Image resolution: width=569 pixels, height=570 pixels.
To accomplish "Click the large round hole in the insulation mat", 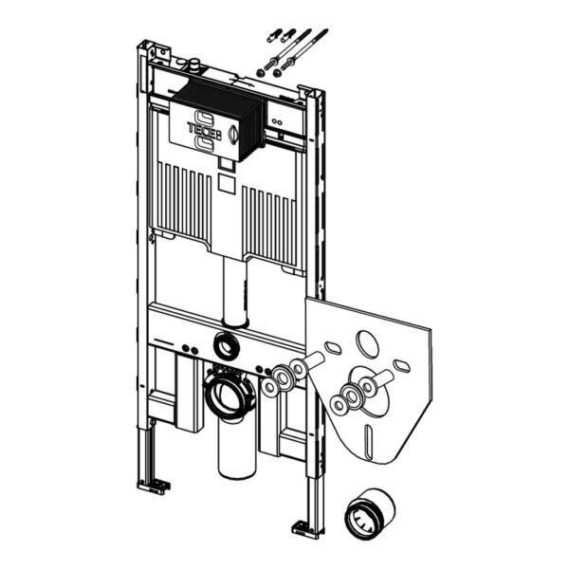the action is (x=367, y=342).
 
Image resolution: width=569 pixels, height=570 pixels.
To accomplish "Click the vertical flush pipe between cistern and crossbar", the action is (x=231, y=289).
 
